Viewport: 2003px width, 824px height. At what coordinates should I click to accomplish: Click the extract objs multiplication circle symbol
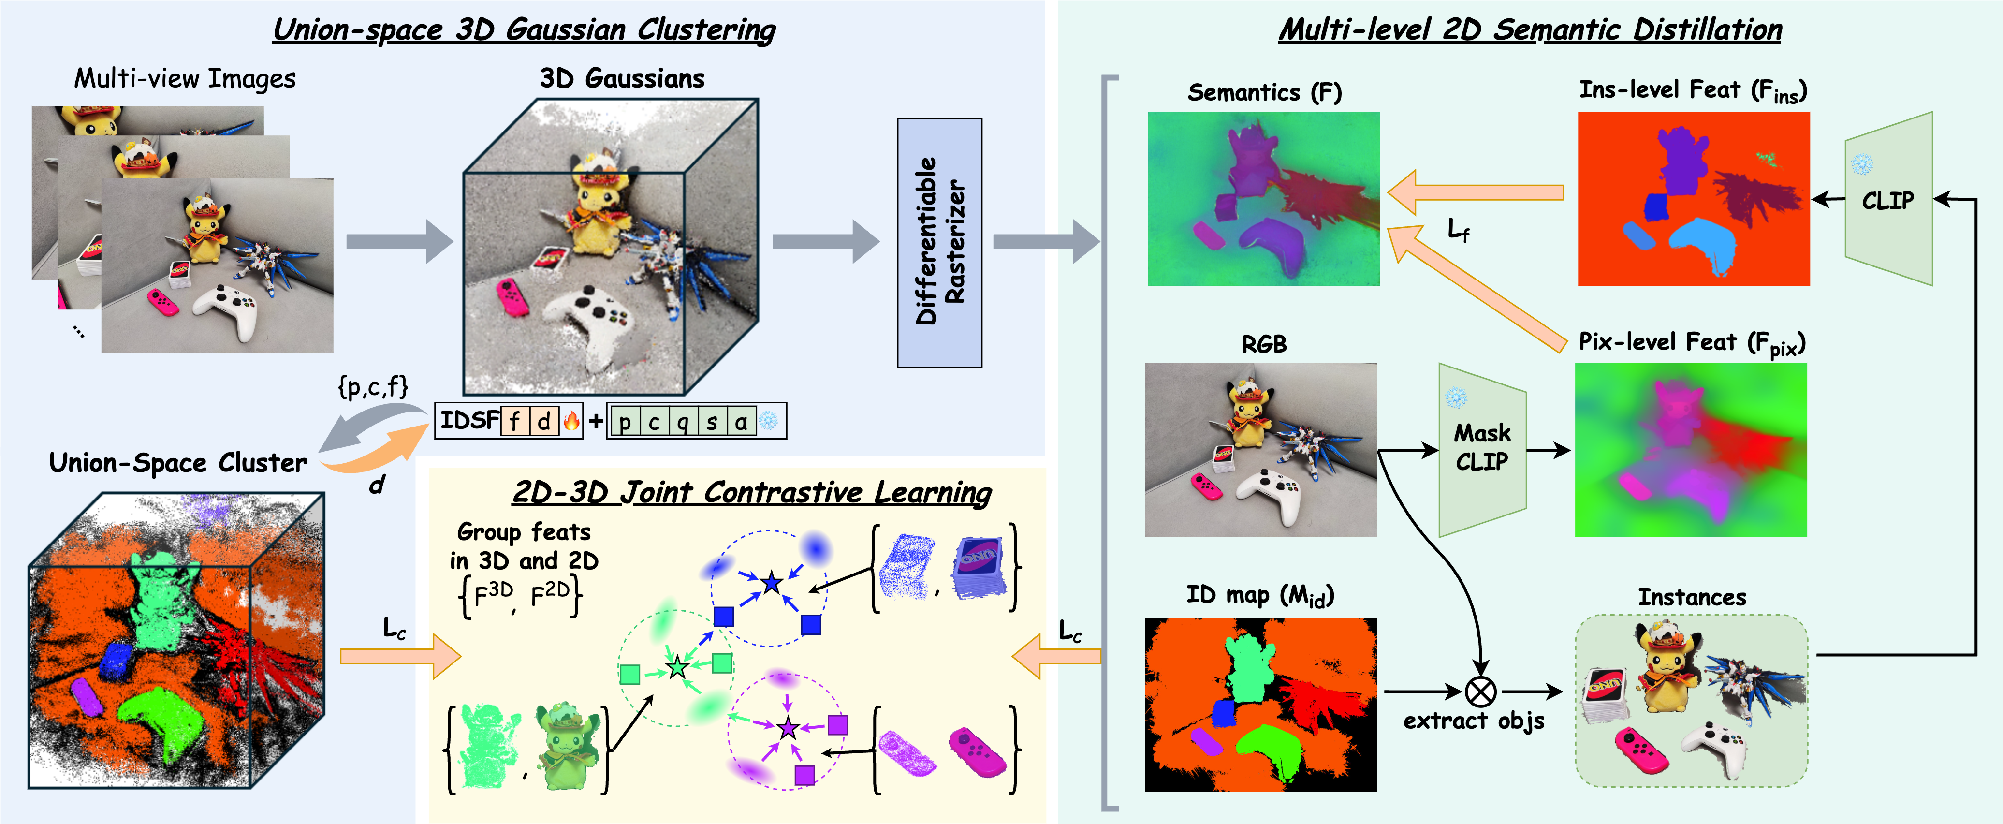coord(1480,691)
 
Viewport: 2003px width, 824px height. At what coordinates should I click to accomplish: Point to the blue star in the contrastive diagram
coord(771,582)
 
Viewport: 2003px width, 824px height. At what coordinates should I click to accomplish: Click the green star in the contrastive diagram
coord(677,668)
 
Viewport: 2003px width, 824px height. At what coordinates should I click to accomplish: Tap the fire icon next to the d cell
coord(571,421)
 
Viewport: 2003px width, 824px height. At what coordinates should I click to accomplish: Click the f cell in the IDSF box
coord(515,421)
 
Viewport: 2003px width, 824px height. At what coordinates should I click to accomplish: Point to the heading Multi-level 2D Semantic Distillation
coord(1530,29)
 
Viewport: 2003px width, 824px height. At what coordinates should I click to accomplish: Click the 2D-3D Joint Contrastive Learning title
coord(752,493)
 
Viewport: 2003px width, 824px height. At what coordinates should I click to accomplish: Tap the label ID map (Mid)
coord(1259,595)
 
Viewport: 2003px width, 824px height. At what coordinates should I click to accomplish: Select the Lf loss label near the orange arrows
coord(1458,230)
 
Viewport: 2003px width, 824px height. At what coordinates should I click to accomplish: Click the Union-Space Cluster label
coord(177,463)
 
